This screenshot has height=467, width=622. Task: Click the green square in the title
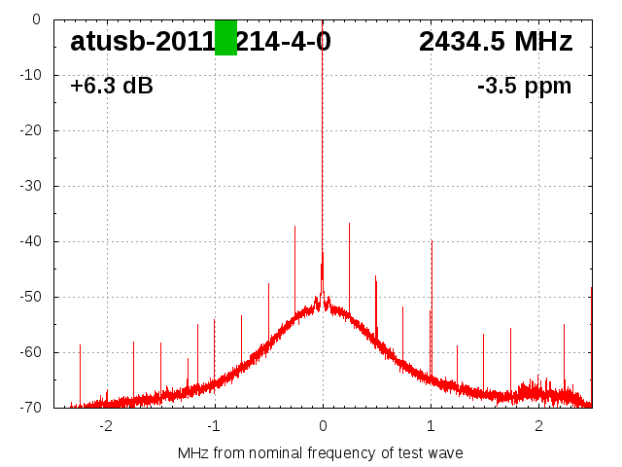(x=225, y=37)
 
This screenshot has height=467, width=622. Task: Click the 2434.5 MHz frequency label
(x=496, y=42)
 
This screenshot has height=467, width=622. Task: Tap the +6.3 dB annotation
(x=112, y=86)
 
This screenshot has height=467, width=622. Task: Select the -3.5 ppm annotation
(x=524, y=86)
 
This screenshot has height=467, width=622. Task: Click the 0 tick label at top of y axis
(x=36, y=18)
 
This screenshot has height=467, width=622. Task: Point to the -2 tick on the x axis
(x=106, y=426)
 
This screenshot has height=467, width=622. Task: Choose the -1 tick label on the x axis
(x=214, y=426)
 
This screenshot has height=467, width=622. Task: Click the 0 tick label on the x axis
(x=323, y=426)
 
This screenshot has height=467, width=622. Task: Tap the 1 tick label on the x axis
(x=431, y=426)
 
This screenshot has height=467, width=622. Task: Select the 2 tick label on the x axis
(x=538, y=426)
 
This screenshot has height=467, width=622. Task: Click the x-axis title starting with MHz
(x=321, y=452)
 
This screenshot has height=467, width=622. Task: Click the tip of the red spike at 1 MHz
(x=432, y=241)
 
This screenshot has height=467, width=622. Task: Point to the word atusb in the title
(x=108, y=42)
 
